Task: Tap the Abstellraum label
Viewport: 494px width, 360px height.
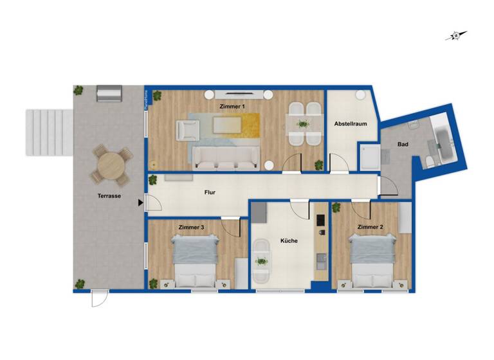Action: [350, 124]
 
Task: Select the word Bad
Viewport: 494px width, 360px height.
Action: [403, 145]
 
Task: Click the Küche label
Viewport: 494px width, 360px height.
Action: [289, 241]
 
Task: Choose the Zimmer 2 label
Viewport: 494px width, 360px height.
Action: [370, 227]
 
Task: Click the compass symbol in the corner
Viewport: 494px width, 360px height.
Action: [455, 36]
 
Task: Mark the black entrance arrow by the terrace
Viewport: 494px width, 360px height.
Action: [140, 204]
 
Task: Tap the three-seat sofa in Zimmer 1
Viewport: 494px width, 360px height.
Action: [226, 157]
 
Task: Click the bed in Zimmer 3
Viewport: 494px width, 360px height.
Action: [195, 261]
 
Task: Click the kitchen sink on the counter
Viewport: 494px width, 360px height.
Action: [321, 260]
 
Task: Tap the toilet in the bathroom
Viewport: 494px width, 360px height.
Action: [430, 161]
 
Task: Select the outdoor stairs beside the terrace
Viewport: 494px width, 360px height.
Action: [49, 132]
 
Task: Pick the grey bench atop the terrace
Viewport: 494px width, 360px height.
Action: [109, 93]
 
